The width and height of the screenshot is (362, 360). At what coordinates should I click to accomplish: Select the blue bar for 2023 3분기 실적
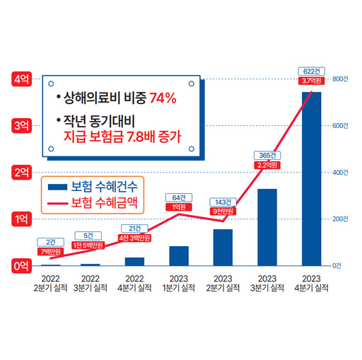click(x=267, y=227)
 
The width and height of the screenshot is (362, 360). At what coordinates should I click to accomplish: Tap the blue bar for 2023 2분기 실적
click(x=223, y=247)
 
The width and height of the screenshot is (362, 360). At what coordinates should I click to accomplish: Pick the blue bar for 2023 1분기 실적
click(x=179, y=255)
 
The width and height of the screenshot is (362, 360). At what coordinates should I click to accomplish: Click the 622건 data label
click(x=311, y=70)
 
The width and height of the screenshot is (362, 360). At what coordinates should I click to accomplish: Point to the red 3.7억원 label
click(x=311, y=81)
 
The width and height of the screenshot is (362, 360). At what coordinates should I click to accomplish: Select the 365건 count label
click(x=267, y=154)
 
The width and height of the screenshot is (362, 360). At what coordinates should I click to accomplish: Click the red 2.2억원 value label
click(x=267, y=166)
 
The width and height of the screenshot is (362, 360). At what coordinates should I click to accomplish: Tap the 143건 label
click(x=223, y=201)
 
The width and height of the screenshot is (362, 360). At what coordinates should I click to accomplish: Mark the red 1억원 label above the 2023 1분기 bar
click(x=179, y=207)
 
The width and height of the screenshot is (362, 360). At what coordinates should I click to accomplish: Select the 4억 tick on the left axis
click(x=21, y=79)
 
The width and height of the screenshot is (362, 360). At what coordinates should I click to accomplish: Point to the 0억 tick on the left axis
click(x=21, y=266)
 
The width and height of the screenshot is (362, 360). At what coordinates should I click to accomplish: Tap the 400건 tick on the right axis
click(x=340, y=173)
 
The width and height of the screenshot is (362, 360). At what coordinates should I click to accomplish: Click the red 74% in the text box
click(x=162, y=98)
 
